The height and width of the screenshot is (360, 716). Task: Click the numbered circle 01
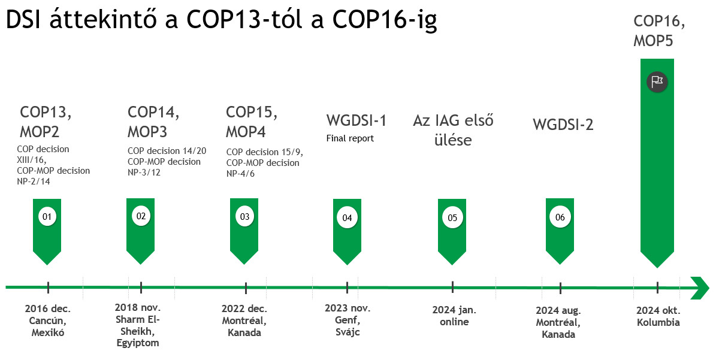47,216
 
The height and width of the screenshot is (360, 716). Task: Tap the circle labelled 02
141,216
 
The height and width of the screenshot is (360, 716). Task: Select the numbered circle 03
244,216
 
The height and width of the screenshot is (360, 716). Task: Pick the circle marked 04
347,217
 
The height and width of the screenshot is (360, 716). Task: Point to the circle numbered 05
452,217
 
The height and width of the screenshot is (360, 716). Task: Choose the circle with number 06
560,217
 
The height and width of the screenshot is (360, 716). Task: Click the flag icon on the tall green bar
657,82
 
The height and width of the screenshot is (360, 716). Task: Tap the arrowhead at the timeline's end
700,288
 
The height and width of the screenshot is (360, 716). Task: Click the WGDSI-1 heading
356,120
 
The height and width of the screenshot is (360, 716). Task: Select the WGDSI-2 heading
563,125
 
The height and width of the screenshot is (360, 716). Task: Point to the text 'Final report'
350,138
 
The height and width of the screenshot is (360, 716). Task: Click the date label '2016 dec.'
48,309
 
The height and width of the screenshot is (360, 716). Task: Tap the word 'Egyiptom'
138,343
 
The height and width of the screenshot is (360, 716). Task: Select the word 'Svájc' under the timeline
348,332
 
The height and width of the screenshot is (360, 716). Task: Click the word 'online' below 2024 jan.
454,322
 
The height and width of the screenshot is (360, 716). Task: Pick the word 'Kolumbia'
658,323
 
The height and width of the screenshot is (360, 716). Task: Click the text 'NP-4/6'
241,174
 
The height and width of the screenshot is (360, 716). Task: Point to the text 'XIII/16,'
32,160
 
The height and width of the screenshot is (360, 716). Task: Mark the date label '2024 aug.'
558,311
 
